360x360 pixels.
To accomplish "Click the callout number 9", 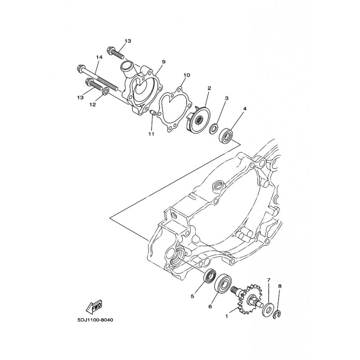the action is pos(164,62).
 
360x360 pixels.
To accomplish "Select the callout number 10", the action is pos(187,75).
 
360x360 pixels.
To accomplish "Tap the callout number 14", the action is pos(99,57).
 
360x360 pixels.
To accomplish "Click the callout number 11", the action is pos(151,134).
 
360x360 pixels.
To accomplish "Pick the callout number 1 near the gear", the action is pos(227,316).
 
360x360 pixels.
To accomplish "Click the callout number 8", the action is pos(279,286).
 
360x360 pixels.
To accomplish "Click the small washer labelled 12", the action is pos(104,92).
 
